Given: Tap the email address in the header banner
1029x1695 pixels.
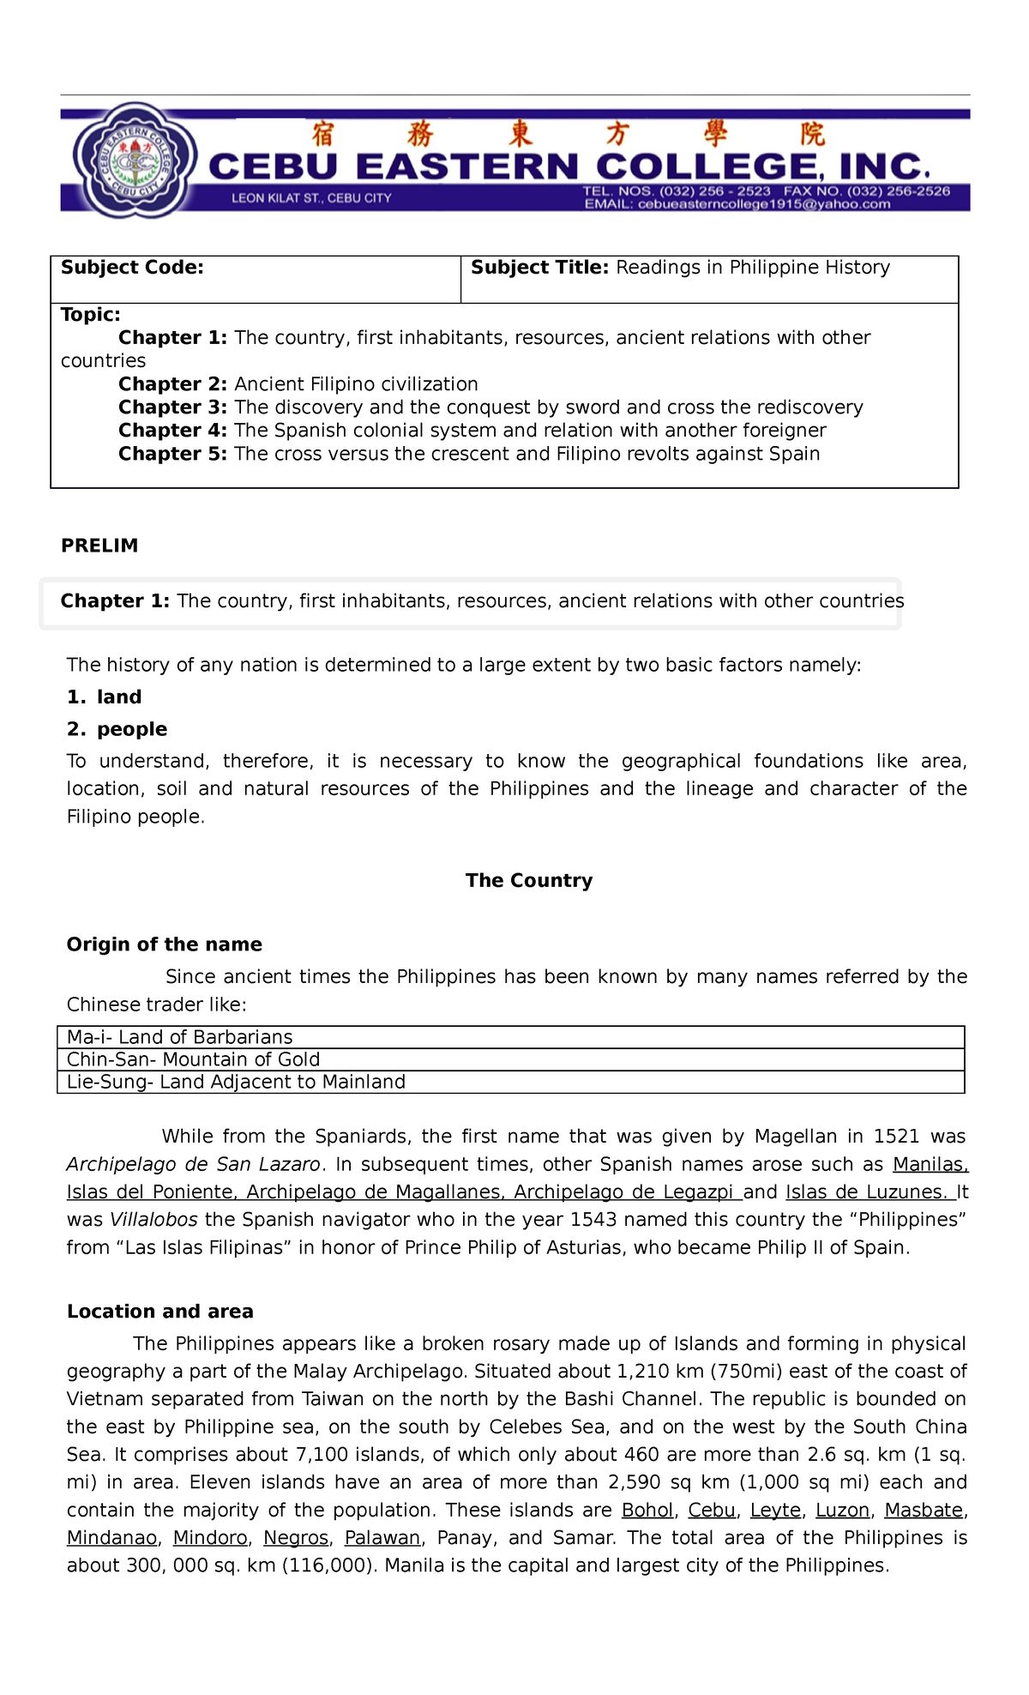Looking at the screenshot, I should [737, 204].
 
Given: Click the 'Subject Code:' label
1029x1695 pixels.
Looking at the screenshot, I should [132, 268].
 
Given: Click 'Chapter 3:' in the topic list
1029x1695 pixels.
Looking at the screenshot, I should [172, 407].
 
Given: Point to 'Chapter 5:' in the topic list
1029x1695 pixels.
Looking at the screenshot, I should [172, 454].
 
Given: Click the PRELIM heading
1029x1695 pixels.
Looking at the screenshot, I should [99, 546].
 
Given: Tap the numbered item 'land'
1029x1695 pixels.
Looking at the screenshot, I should [118, 697].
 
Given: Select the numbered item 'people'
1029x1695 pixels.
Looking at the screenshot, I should [131, 729].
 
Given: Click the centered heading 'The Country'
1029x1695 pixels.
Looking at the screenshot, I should [528, 880].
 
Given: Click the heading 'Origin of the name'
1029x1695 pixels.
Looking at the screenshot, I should [164, 944].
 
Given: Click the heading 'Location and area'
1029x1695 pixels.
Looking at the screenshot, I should [159, 1312].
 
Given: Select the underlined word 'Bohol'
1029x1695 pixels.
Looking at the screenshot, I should [647, 1510].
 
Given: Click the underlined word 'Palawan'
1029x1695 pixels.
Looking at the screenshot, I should [382, 1538].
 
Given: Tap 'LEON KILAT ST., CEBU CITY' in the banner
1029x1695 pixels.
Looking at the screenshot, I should [311, 198].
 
